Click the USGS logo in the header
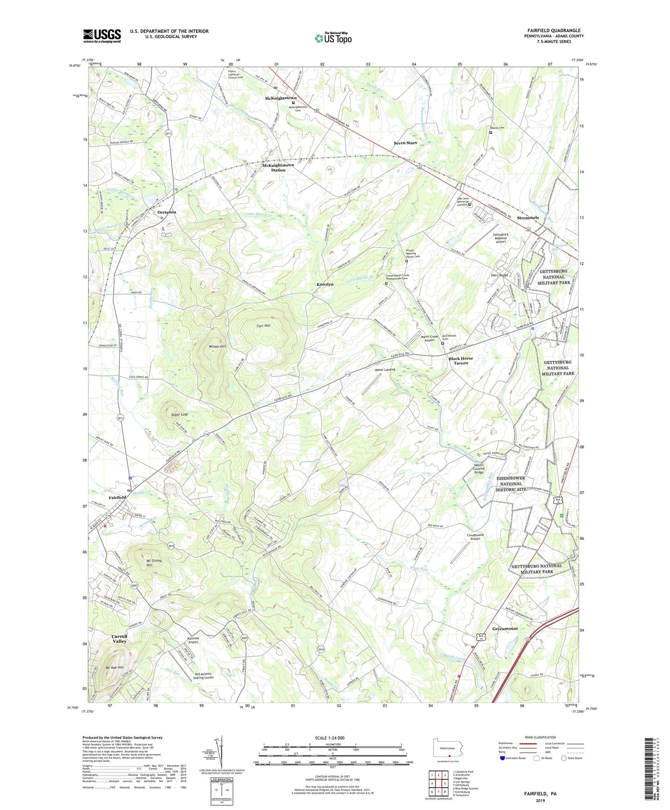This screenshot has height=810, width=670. pyautogui.click(x=102, y=36)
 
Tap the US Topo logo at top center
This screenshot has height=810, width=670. pyautogui.click(x=333, y=39)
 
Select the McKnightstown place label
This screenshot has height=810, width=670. pyautogui.click(x=281, y=98)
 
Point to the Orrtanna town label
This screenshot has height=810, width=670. pyautogui.click(x=167, y=212)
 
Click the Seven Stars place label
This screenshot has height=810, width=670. pyautogui.click(x=405, y=143)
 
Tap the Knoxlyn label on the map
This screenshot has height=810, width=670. pyautogui.click(x=325, y=284)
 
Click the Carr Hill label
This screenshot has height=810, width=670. pyautogui.click(x=263, y=326)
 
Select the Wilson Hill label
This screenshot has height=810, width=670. pyautogui.click(x=217, y=347)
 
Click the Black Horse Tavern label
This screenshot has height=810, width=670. pyautogui.click(x=460, y=360)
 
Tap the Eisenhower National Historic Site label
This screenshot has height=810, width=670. pyautogui.click(x=510, y=483)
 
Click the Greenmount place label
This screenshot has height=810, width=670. pyautogui.click(x=505, y=629)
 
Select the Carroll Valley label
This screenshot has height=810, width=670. pyautogui.click(x=119, y=638)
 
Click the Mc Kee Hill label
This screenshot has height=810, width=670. pyautogui.click(x=114, y=668)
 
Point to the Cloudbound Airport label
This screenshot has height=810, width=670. pyautogui.click(x=475, y=537)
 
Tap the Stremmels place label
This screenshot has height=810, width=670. pyautogui.click(x=528, y=218)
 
